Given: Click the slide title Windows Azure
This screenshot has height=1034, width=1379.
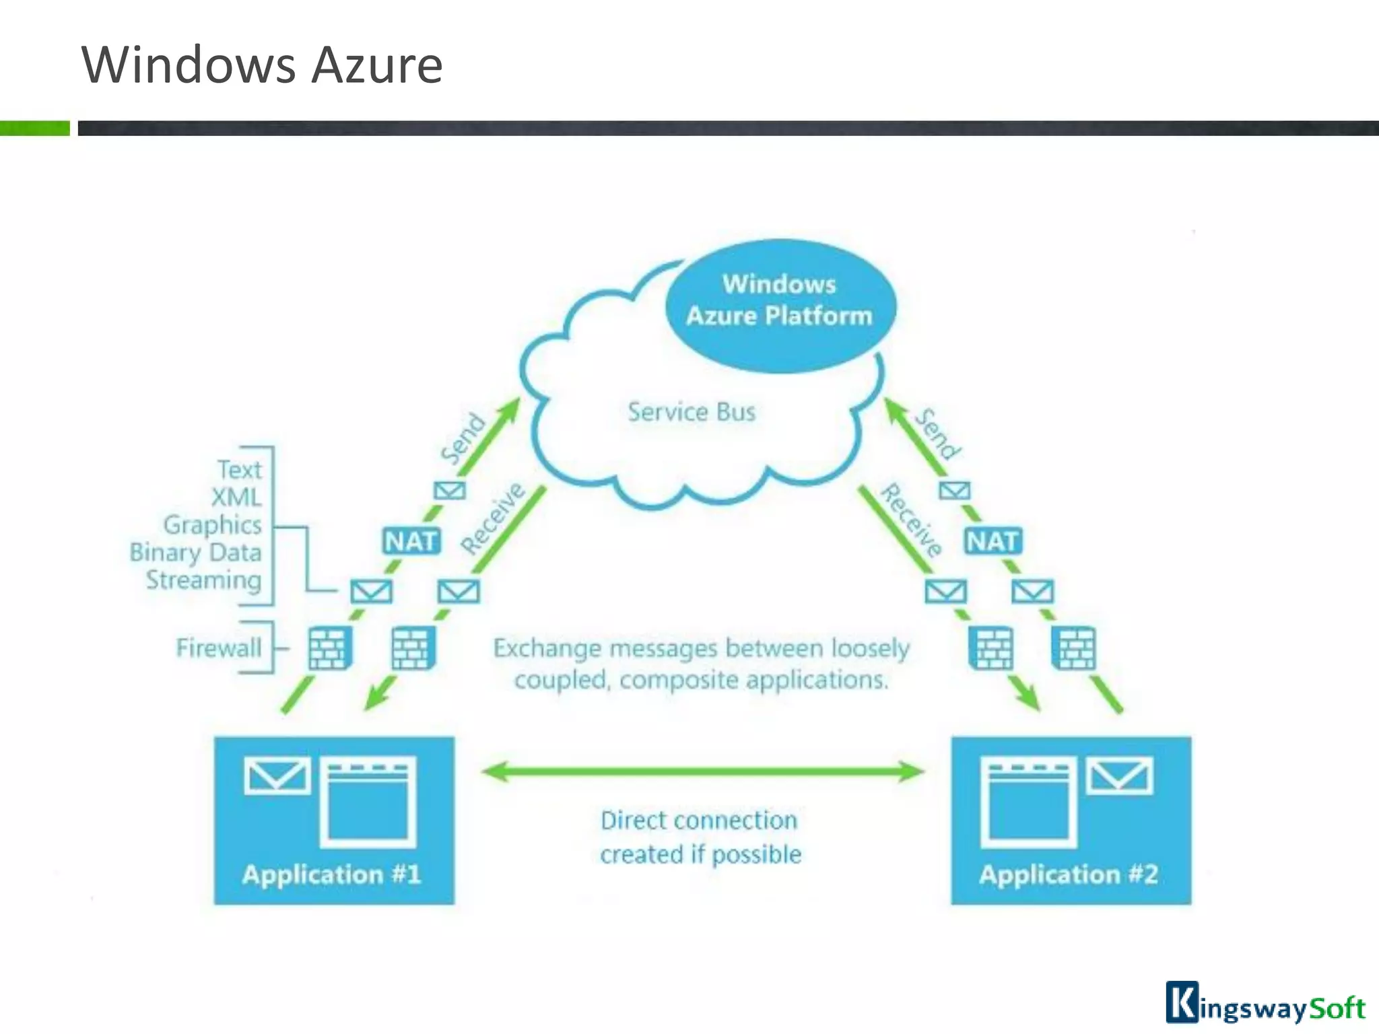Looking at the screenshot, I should [262, 65].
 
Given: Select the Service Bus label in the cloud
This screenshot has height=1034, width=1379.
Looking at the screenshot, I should [692, 412].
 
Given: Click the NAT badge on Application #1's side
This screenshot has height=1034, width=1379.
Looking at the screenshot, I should [411, 541].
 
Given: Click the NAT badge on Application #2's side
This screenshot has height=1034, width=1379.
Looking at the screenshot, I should [993, 541].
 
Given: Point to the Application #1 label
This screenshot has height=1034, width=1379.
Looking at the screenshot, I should [331, 874].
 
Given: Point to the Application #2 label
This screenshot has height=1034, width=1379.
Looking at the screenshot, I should [1069, 874].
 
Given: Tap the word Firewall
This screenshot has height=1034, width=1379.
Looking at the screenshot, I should [218, 648].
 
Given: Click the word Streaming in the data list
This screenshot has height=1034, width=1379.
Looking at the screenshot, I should [204, 580].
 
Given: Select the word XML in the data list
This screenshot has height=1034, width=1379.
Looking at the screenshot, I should [236, 497].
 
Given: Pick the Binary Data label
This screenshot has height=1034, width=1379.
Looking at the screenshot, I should [195, 553].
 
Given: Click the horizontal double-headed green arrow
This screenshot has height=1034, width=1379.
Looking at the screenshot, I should [702, 771].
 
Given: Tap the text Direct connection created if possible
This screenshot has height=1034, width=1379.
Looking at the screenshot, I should [700, 837].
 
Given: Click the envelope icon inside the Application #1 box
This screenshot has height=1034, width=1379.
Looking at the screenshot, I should [277, 776].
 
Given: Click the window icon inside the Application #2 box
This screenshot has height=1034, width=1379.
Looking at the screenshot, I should [1028, 802].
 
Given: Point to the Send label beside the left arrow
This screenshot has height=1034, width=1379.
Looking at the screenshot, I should [463, 438].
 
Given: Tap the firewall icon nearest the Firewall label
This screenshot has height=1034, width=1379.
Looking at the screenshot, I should [330, 648].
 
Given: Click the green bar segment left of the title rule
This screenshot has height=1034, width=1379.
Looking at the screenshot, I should [34, 128].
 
